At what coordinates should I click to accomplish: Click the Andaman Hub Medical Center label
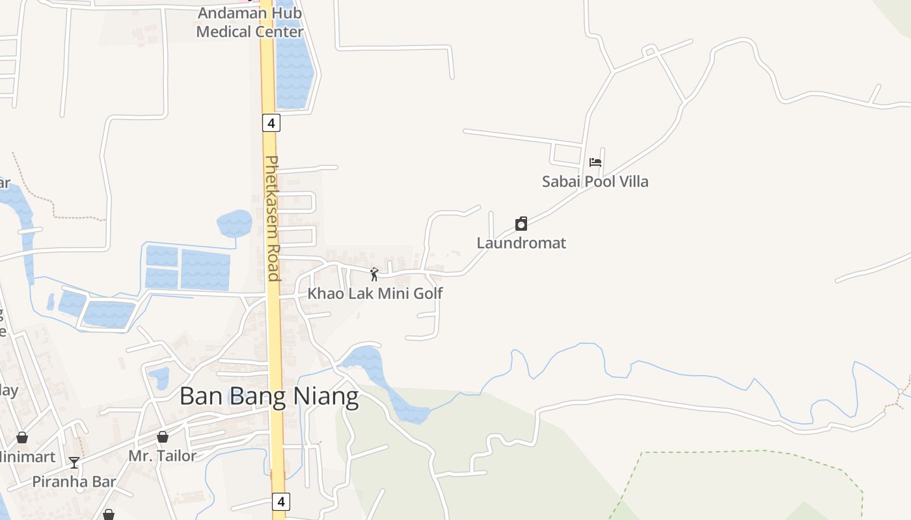(x=250, y=22)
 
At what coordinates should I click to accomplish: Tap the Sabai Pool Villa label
(x=595, y=181)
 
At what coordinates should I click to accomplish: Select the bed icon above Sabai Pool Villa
(x=595, y=162)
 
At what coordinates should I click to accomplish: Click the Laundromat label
(x=521, y=243)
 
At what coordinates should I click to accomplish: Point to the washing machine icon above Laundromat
(x=521, y=224)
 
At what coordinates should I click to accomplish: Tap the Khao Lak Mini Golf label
(x=375, y=293)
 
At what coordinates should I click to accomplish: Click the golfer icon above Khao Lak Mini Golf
(x=374, y=274)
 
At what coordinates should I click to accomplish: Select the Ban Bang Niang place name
(x=269, y=396)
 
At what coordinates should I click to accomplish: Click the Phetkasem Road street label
(x=273, y=218)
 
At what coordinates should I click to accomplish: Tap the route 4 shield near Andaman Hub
(x=271, y=122)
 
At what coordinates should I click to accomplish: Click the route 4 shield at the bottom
(x=280, y=502)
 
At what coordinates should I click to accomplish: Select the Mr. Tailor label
(x=162, y=456)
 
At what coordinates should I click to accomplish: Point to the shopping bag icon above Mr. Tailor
(x=162, y=437)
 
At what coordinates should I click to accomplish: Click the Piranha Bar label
(x=74, y=482)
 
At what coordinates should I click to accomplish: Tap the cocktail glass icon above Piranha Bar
(x=74, y=462)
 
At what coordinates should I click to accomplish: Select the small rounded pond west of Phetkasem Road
(x=234, y=223)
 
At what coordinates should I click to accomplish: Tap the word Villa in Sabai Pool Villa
(x=631, y=181)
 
